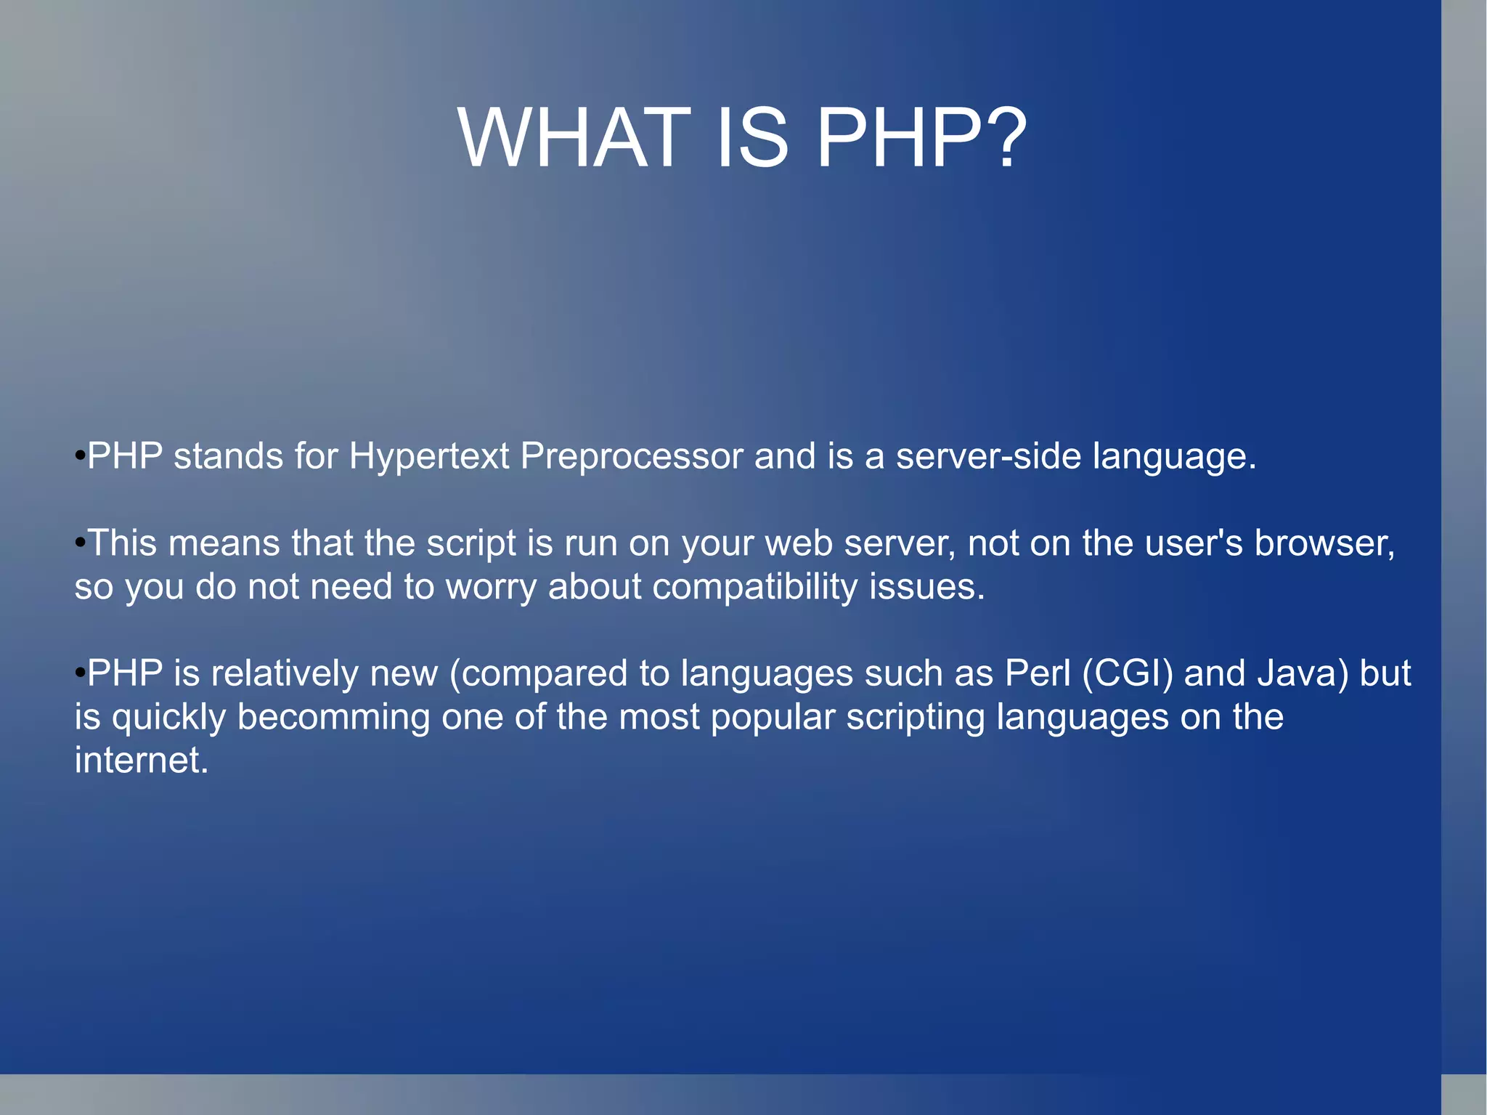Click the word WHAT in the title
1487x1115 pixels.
coord(574,138)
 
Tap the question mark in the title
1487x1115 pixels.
coord(1003,138)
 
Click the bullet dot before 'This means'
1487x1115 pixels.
coord(80,543)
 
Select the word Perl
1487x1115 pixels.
coord(1038,673)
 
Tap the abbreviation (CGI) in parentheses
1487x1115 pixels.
coord(1127,674)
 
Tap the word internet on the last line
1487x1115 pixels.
coord(141,761)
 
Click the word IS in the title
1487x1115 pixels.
coord(752,138)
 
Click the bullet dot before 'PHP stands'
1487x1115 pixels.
coord(80,457)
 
